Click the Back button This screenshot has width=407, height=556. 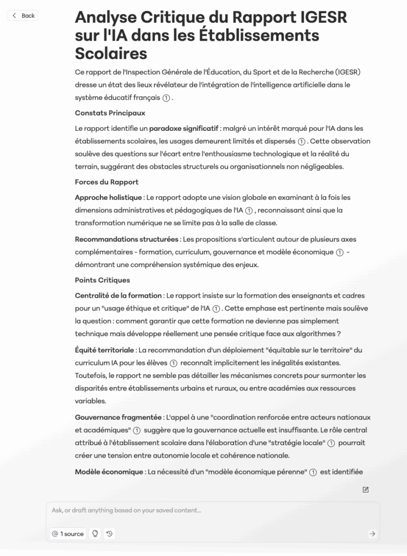coord(23,16)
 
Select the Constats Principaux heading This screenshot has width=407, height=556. coord(110,113)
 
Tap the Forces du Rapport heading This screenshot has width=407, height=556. coord(106,182)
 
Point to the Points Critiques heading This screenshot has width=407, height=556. coord(102,280)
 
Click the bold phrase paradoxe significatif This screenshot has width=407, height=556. coord(183,128)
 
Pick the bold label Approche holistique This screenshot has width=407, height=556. coord(109,197)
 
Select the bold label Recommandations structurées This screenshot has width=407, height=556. coord(126,239)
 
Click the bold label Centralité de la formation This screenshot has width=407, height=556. coord(118,295)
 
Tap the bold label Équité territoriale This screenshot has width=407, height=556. coord(104,350)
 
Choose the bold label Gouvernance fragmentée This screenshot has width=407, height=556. coord(118,417)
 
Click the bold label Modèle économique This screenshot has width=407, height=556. coord(109,472)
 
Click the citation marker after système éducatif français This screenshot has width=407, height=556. coord(167,98)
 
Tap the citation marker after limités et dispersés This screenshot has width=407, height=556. coord(302,142)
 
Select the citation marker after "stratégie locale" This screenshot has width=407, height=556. coord(330,443)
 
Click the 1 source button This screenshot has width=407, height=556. coord(68,534)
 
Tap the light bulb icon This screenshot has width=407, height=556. coord(96,534)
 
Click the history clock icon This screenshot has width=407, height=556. coord(110,534)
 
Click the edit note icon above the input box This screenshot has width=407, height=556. coord(366,490)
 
